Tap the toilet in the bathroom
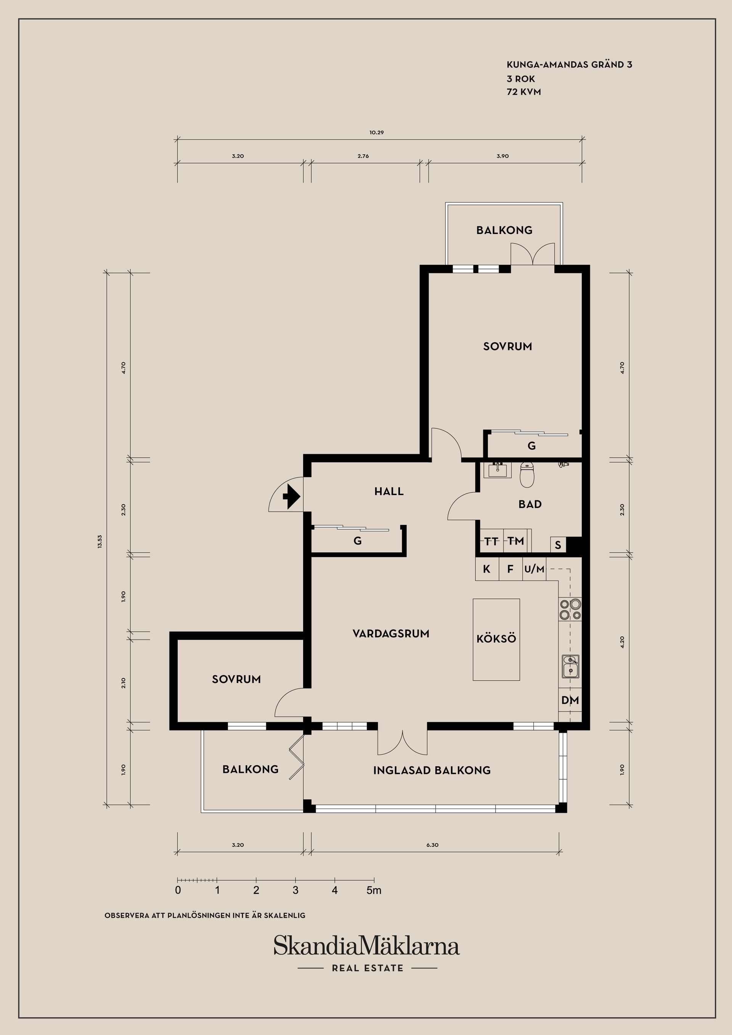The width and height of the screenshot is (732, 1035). (x=527, y=475)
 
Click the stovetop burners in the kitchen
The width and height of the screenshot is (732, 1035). (x=570, y=609)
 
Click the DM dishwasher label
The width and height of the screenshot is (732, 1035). (x=570, y=700)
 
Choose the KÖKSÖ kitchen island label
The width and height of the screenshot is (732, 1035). (x=496, y=639)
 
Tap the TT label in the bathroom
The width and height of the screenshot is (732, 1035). (x=491, y=541)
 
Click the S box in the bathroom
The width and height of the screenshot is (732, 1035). (x=558, y=545)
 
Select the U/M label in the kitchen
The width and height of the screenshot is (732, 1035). (x=535, y=569)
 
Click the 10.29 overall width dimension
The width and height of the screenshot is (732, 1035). (x=377, y=133)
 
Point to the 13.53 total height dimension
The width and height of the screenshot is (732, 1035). (x=100, y=541)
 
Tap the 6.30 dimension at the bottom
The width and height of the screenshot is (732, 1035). (x=432, y=845)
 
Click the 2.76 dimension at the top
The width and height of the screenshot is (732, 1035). (x=363, y=156)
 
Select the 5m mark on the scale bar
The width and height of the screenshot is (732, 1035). (x=374, y=890)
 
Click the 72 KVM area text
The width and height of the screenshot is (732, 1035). (x=523, y=92)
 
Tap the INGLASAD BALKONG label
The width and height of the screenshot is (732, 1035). (x=432, y=771)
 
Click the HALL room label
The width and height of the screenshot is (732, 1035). (x=389, y=491)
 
